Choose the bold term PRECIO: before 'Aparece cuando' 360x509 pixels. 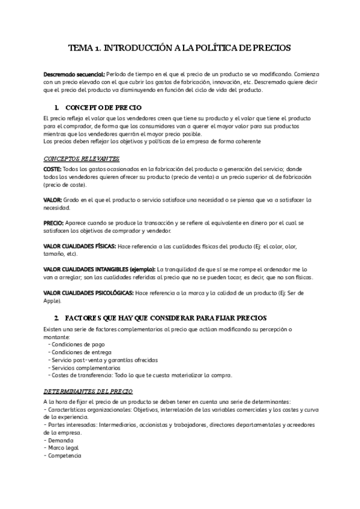pyautogui.click(x=57, y=221)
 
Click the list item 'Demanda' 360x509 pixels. pyautogui.click(x=61, y=440)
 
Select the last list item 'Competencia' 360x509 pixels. pyautogui.click(x=64, y=455)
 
